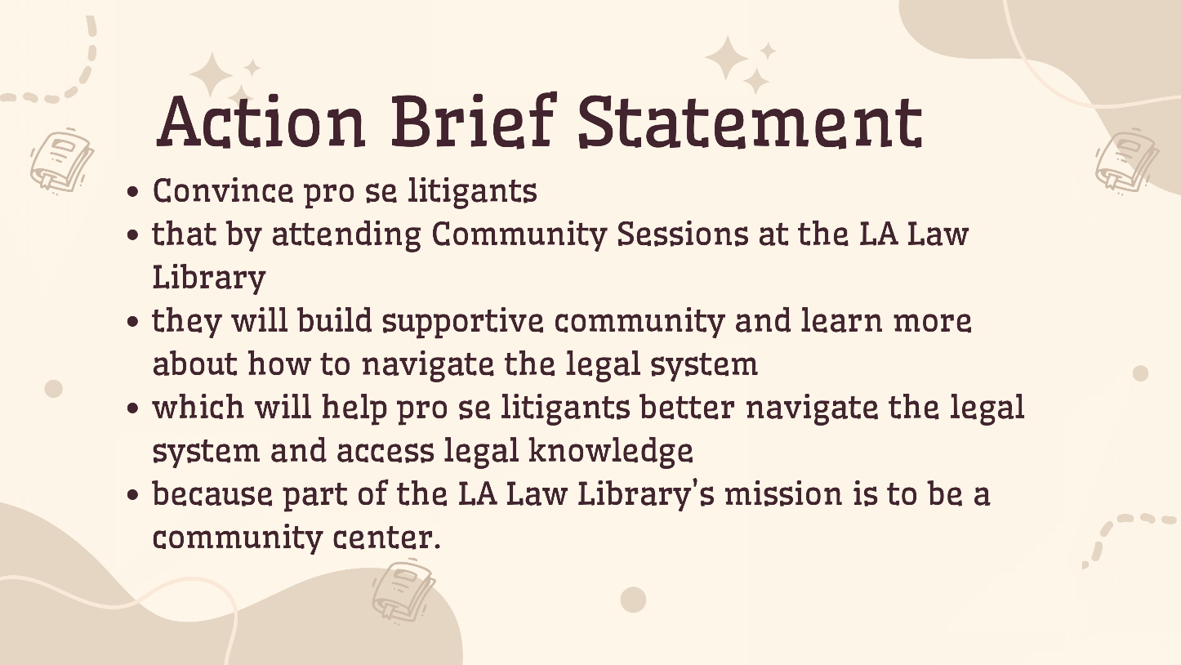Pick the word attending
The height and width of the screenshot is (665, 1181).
pos(345,234)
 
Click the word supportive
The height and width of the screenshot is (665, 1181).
pos(462,321)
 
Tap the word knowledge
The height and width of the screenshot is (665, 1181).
pos(611,451)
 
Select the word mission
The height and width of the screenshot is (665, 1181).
pos(783,494)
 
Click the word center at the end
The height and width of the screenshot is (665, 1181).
pos(386,538)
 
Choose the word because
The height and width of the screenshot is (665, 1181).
pos(212,494)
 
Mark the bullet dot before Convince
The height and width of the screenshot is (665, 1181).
pos(133,192)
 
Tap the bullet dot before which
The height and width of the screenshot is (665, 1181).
pos(133,408)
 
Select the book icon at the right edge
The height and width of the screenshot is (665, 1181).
pos(1127,162)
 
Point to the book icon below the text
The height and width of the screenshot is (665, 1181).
pos(403,591)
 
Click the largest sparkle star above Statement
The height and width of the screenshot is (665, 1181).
pos(727,58)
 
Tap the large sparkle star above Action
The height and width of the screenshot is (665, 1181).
pos(212,75)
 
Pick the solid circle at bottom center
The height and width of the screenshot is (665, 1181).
pos(633,600)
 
